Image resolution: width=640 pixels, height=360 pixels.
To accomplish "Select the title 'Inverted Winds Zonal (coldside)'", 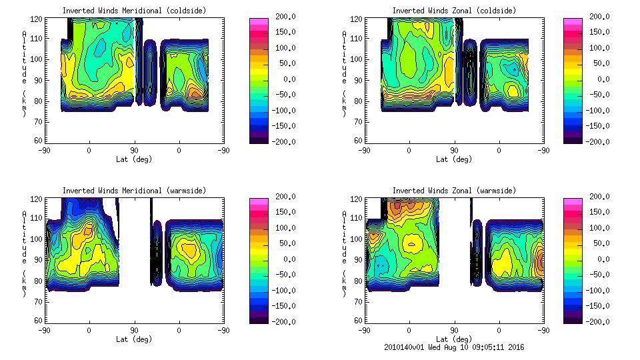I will (x=454, y=11).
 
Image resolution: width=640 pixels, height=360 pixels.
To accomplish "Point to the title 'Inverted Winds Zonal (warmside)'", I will (x=454, y=191).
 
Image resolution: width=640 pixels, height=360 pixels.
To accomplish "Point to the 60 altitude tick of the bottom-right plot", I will (x=359, y=321).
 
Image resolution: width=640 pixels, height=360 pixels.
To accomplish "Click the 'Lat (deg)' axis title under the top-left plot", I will (x=134, y=159).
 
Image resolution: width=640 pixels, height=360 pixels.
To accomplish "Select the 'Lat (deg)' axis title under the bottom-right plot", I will (x=454, y=339).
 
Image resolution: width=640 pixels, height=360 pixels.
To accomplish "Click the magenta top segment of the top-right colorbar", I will (x=572, y=22).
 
